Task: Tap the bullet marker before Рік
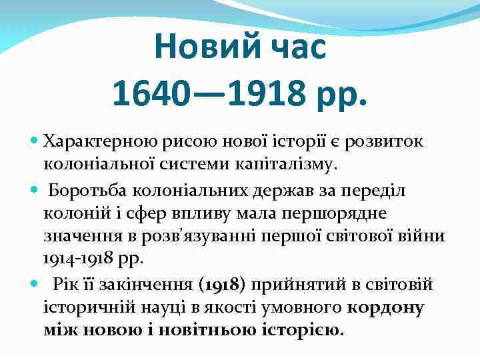(35, 285)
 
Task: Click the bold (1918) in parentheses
(224, 285)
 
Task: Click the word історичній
(87, 307)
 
